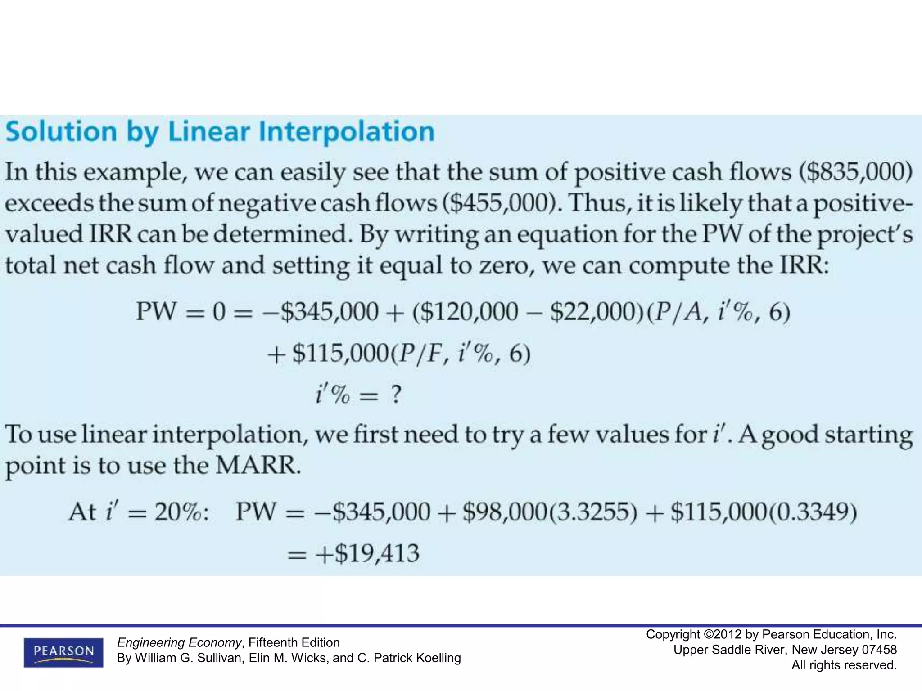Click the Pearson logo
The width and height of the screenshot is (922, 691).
(63, 652)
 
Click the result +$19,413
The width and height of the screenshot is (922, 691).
(367, 553)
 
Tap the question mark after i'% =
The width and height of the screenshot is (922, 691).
(395, 395)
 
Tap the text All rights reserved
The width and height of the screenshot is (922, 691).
(844, 665)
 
